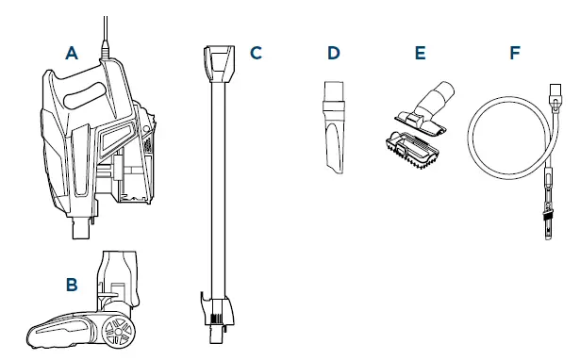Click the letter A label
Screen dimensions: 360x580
(x=72, y=55)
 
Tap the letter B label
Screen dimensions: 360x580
(x=72, y=281)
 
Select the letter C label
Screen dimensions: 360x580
(x=255, y=53)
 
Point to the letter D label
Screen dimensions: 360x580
(x=333, y=53)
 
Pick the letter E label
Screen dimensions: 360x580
(x=420, y=53)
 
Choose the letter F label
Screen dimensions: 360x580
(x=514, y=53)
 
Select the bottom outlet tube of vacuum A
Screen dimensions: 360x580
(x=82, y=223)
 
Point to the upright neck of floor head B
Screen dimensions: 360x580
(x=120, y=273)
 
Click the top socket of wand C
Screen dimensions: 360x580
(x=216, y=60)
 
